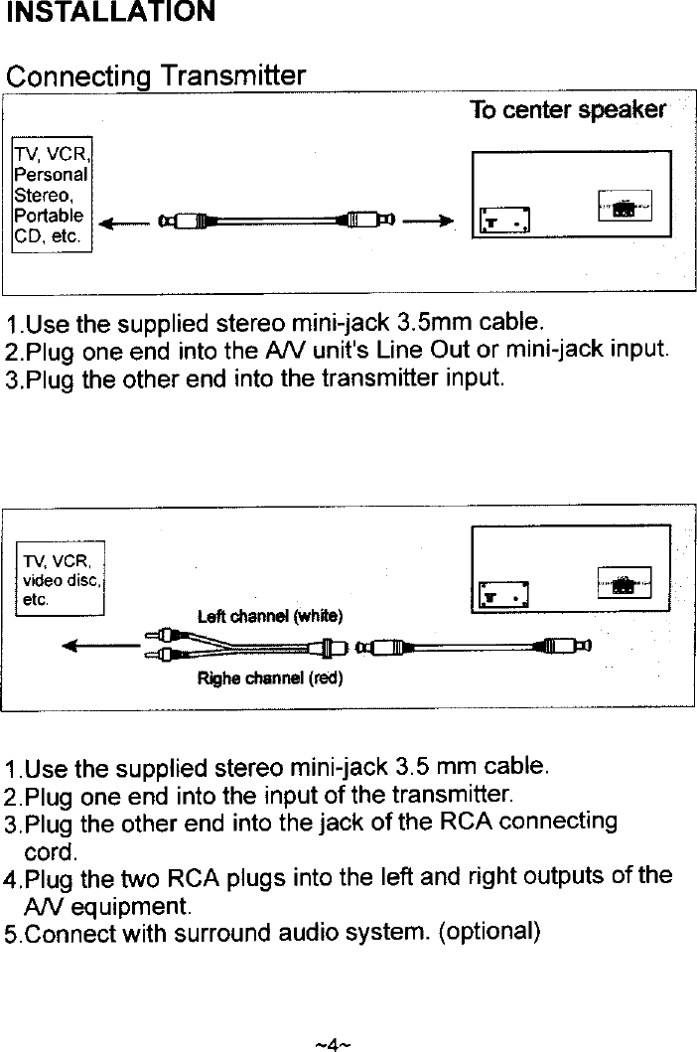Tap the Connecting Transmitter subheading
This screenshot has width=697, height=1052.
[155, 76]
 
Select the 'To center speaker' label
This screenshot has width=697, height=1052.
[567, 109]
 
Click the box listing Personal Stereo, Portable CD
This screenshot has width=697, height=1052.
[52, 194]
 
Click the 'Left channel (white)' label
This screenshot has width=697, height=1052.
[270, 616]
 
